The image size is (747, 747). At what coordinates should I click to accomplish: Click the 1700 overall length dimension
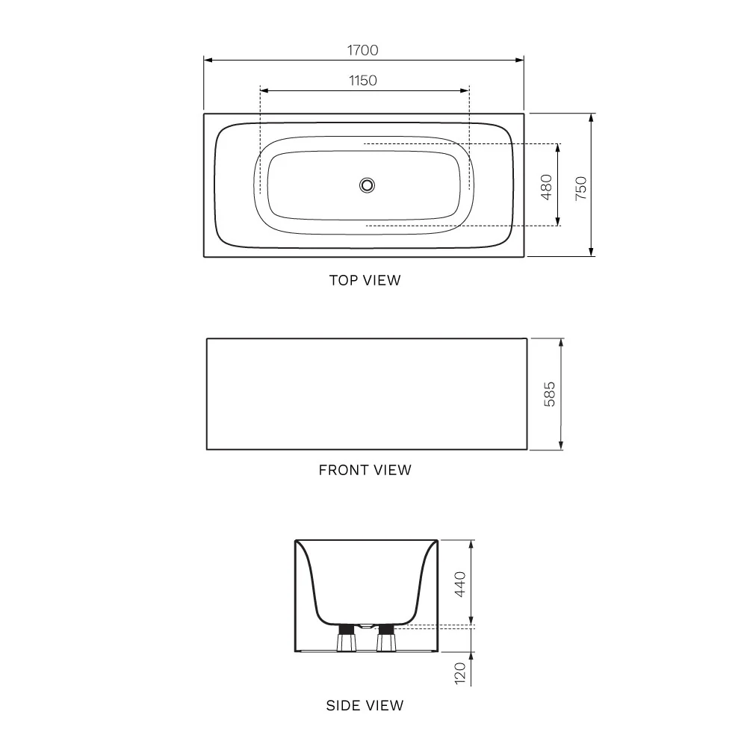(362, 50)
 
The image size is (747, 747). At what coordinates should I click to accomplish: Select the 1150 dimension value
(362, 81)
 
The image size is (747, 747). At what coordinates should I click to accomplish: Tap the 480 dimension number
(547, 187)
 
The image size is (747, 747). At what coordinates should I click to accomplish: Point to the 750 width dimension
(580, 188)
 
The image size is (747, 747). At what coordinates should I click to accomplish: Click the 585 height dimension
(549, 394)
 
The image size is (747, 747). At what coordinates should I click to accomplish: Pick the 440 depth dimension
(459, 584)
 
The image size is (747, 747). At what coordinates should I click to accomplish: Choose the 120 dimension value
(459, 673)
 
